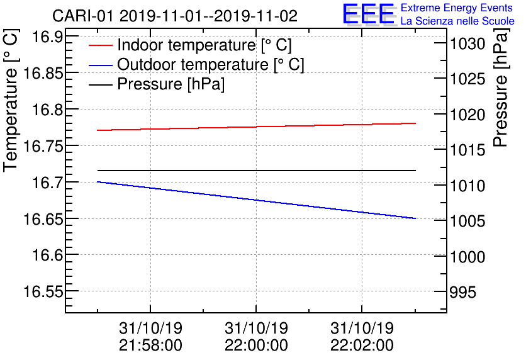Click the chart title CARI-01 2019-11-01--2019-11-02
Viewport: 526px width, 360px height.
click(175, 16)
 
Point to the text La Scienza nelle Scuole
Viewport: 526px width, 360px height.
click(457, 21)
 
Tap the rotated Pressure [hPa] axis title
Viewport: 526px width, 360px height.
click(501, 92)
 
